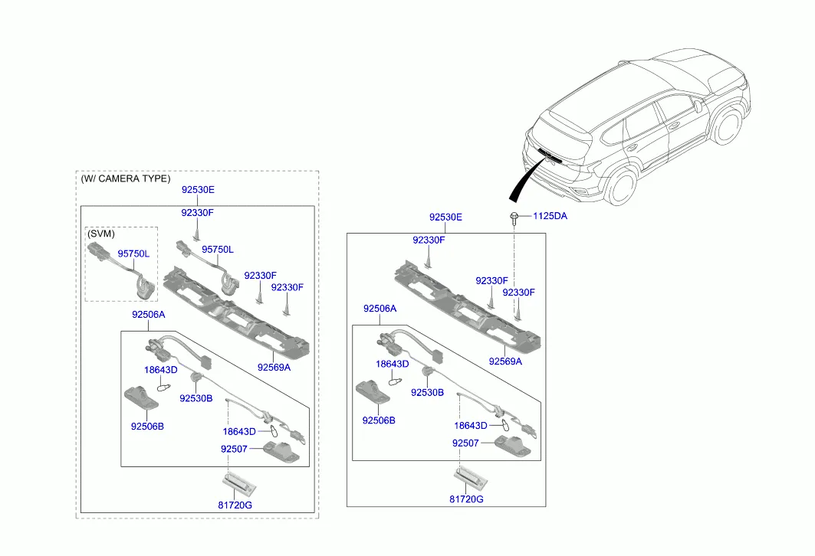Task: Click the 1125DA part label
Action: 550,216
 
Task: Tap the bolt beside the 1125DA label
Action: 514,217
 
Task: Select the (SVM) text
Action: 100,233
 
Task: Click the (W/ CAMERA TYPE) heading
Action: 125,178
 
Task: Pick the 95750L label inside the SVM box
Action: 133,253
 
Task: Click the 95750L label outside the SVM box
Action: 218,250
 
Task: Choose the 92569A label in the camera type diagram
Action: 274,367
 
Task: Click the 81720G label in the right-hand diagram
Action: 466,499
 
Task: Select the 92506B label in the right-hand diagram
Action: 379,420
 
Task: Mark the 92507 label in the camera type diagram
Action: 234,449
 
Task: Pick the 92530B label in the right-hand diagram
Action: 427,392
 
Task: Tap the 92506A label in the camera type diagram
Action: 148,315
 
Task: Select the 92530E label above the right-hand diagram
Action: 445,217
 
